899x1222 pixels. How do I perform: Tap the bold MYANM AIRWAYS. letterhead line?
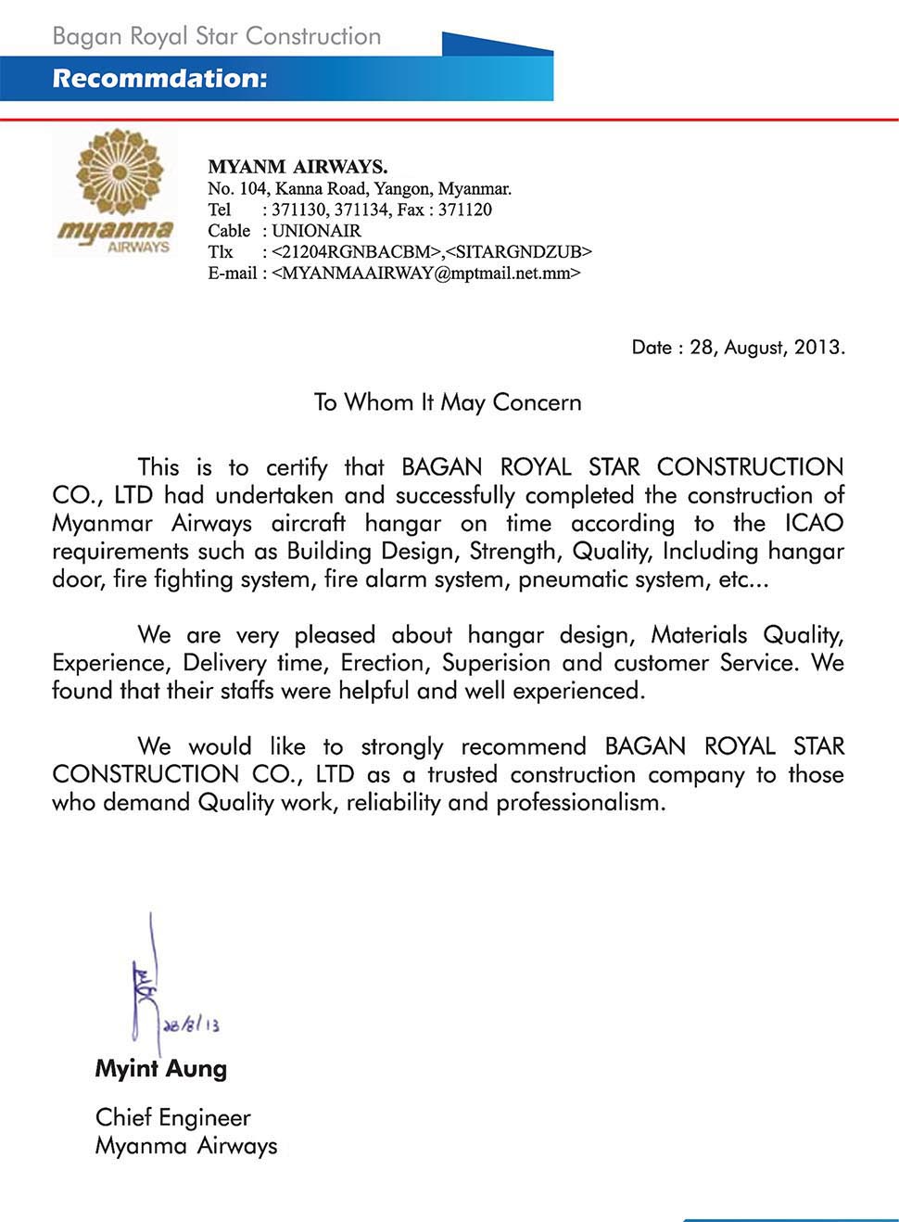click(298, 167)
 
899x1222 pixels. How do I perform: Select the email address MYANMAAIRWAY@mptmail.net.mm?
click(426, 274)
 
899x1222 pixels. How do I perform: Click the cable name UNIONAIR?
click(316, 231)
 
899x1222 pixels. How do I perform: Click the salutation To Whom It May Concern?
click(448, 402)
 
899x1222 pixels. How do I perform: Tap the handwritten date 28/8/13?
click(192, 1025)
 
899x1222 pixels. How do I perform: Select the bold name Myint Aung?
click(161, 1069)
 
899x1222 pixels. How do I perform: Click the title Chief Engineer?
click(173, 1117)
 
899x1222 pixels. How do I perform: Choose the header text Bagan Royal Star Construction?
click(217, 37)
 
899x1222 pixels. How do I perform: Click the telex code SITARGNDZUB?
click(519, 252)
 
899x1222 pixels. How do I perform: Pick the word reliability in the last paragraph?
click(394, 802)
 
